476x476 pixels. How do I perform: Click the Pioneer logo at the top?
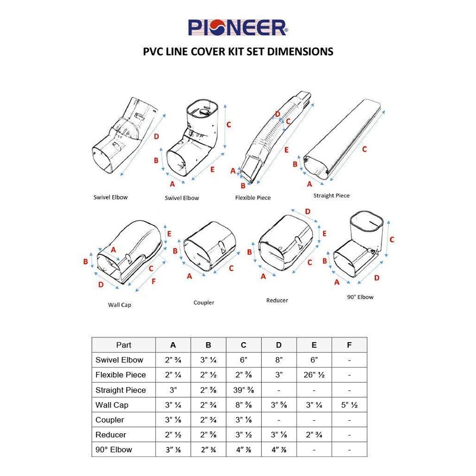tap(238, 27)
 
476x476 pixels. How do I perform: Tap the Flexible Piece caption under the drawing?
tap(253, 198)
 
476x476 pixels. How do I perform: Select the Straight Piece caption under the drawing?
tap(331, 195)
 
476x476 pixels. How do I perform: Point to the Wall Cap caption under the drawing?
tap(119, 305)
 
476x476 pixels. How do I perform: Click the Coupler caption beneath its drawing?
tap(203, 302)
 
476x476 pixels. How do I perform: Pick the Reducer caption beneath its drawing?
tap(277, 300)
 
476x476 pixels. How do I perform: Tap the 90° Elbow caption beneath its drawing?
tap(361, 297)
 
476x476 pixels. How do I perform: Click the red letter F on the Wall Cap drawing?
tap(154, 280)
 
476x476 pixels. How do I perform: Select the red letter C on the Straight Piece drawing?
tap(364, 148)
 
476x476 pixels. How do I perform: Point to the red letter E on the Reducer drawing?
tap(324, 234)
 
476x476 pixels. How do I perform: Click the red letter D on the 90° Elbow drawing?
tap(377, 278)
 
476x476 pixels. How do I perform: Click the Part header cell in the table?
tap(124, 345)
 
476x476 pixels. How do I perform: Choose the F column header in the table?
tap(349, 345)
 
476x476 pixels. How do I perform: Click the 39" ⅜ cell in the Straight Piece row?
tap(244, 390)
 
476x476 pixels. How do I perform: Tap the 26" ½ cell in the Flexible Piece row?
tap(314, 375)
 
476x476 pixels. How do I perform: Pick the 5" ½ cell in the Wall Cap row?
tap(349, 405)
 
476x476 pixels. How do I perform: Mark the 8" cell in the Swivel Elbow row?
tap(279, 360)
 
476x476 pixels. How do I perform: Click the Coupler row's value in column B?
tap(208, 420)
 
